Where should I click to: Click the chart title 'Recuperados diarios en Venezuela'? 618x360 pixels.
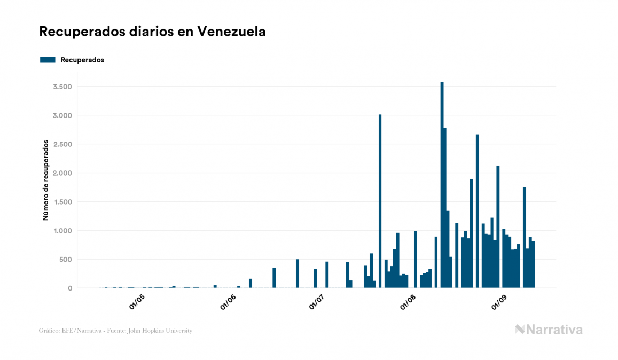point(152,32)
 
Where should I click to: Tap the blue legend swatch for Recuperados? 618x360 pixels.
point(48,60)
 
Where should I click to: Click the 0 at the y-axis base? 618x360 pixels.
point(69,288)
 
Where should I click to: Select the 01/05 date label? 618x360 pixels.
point(137,302)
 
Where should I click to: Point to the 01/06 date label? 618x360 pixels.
point(228,302)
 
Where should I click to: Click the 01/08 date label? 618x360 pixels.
point(408,302)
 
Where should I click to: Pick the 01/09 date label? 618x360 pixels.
point(499,302)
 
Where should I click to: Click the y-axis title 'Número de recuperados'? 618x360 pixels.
point(46,180)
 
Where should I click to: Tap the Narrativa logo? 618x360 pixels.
point(549,330)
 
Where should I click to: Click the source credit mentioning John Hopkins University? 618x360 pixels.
point(115,331)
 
